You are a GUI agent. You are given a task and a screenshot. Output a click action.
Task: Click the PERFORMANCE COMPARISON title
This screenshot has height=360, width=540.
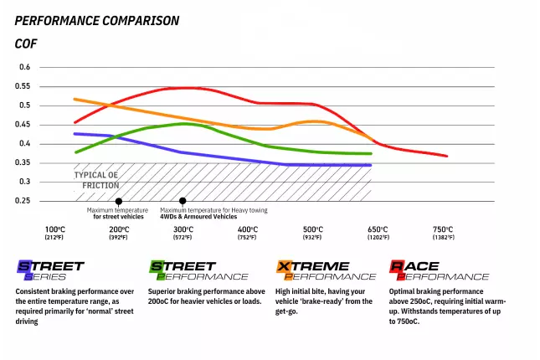[x=96, y=20]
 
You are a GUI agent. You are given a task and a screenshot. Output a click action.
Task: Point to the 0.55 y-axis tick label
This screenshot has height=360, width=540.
[x=24, y=86]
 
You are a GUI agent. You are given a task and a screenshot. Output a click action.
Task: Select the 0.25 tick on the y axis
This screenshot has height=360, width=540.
[x=24, y=201]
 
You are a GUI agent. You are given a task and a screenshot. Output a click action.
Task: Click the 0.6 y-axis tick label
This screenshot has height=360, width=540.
[x=24, y=67]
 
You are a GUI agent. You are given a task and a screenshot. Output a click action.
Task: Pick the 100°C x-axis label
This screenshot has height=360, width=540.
[x=55, y=229]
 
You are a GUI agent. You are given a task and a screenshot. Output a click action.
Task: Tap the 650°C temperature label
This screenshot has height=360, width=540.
[x=378, y=229]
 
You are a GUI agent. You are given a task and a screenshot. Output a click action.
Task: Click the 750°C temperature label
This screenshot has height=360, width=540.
[x=443, y=229]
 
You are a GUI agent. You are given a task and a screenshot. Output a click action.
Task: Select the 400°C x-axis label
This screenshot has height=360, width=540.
[x=248, y=229]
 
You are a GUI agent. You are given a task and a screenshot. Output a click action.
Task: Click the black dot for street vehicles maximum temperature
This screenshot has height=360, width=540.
[x=118, y=202]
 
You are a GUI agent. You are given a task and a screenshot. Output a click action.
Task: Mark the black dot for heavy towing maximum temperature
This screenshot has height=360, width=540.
[x=183, y=201]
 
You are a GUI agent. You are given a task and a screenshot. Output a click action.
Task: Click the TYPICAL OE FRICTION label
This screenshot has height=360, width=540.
[x=96, y=180]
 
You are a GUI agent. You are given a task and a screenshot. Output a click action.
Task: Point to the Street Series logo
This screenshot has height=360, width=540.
[x=50, y=270]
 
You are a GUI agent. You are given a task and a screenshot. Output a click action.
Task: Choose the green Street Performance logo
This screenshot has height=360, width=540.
[x=198, y=270]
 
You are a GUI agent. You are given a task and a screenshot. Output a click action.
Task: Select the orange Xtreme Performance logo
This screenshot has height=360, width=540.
[x=325, y=270]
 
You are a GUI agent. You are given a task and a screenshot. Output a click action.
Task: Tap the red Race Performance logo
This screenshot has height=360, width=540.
[x=439, y=270]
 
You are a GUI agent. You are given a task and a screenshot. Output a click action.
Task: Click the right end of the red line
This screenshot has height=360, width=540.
[x=446, y=156]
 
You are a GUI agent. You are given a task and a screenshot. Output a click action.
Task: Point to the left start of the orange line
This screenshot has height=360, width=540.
[x=75, y=99]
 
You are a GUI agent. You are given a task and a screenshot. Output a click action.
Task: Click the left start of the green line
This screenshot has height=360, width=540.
[x=75, y=152]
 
